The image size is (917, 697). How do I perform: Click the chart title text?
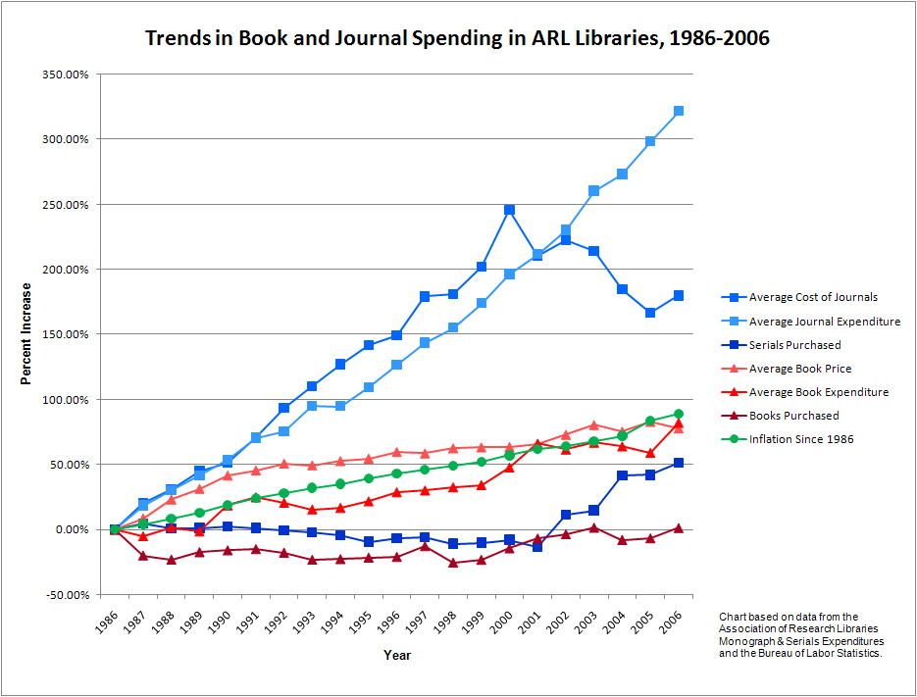coord(457,39)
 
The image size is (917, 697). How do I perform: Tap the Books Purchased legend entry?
coord(793,416)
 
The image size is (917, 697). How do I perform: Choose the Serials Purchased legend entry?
coord(794,345)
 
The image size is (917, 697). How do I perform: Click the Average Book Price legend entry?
coord(799,369)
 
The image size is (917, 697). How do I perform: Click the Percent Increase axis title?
coord(27,334)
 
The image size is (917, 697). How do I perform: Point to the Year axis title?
coord(397,655)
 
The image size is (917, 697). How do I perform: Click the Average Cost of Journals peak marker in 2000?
coord(509,210)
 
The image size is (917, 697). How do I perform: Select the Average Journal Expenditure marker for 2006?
coord(679,111)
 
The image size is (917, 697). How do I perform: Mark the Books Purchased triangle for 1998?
coord(453,563)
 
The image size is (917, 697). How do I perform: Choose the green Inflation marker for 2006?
coord(679,414)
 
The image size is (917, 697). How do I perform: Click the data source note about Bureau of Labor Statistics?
coord(799,634)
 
